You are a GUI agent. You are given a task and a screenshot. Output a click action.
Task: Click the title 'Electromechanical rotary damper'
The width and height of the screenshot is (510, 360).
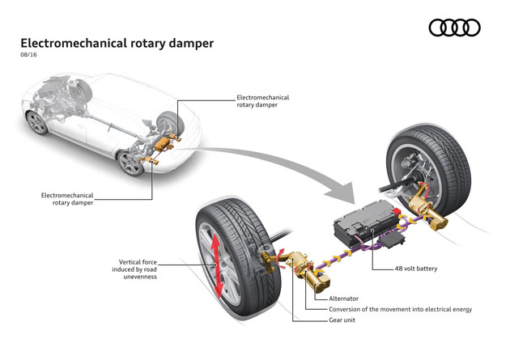click(x=117, y=42)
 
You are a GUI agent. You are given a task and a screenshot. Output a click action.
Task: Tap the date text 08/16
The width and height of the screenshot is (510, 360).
click(x=29, y=57)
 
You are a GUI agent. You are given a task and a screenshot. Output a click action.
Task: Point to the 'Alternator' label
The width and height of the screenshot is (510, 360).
click(x=346, y=298)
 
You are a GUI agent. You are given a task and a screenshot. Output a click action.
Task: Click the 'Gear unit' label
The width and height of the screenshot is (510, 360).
click(x=345, y=320)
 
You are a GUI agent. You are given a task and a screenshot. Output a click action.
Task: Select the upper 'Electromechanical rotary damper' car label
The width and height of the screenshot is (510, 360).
click(x=262, y=101)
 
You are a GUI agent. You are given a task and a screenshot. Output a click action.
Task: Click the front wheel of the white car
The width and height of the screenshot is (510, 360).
click(x=37, y=122)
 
